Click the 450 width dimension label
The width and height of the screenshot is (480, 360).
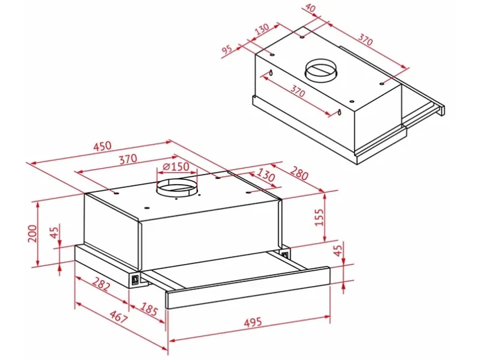click(x=103, y=146)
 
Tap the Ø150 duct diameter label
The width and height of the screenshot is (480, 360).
click(x=176, y=167)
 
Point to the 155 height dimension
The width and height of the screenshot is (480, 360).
click(x=319, y=217)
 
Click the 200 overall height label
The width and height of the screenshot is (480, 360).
click(x=33, y=233)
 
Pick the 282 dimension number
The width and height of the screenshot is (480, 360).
click(x=100, y=284)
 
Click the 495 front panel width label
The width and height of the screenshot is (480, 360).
click(x=253, y=322)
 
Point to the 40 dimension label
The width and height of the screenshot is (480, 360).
click(x=311, y=8)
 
